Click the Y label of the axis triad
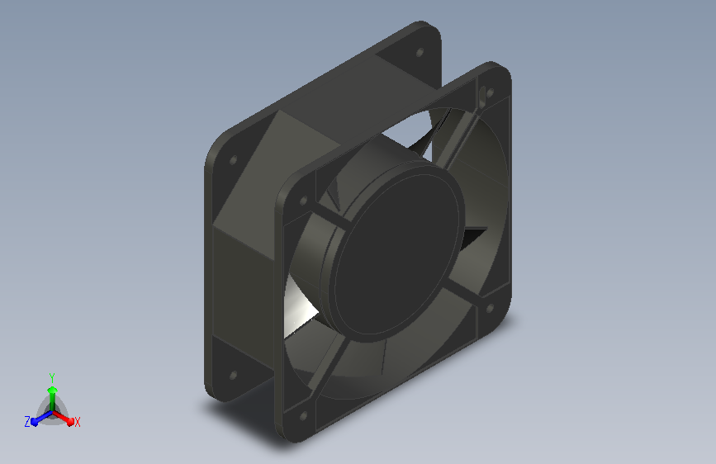pyautogui.click(x=51, y=378)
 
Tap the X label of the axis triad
pyautogui.click(x=77, y=422)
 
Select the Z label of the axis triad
pyautogui.click(x=27, y=422)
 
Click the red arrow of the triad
pyautogui.click(x=64, y=418)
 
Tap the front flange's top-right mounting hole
pyautogui.click(x=490, y=93)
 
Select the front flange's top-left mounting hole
pyautogui.click(x=303, y=201)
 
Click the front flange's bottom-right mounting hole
pyautogui.click(x=490, y=308)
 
